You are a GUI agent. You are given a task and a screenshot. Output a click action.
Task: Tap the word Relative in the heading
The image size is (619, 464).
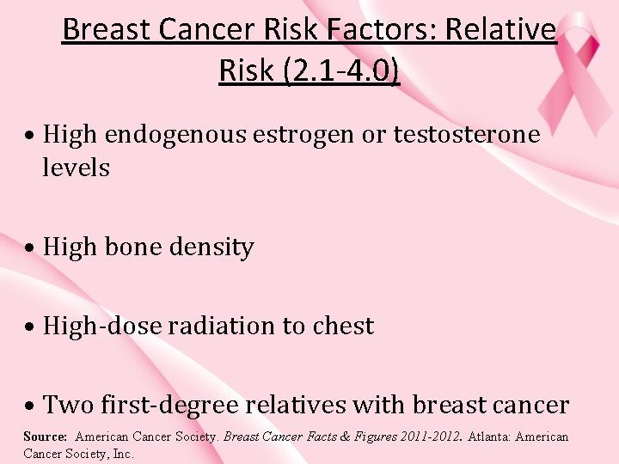tap(511, 31)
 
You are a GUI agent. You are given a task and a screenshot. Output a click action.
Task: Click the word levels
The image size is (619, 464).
tap(77, 168)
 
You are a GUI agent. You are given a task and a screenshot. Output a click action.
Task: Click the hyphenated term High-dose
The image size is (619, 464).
tap(103, 327)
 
